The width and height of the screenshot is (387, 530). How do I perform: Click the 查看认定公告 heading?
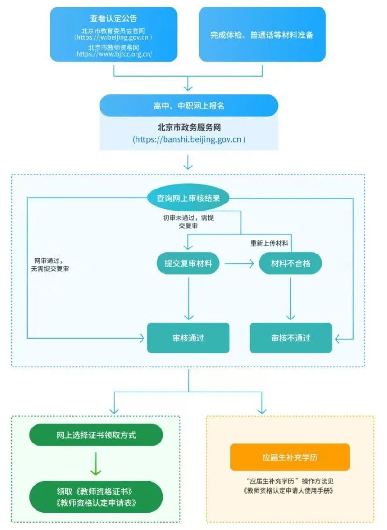(114, 19)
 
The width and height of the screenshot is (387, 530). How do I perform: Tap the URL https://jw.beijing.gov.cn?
(114, 37)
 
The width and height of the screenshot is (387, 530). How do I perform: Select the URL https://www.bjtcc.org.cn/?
(114, 54)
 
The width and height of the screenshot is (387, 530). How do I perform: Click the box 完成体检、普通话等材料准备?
(262, 35)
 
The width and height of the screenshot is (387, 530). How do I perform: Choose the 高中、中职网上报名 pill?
(188, 106)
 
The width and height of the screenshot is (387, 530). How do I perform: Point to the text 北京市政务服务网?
(188, 127)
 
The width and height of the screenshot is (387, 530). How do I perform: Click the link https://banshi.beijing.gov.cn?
(188, 139)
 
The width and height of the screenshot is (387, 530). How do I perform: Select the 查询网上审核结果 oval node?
(188, 198)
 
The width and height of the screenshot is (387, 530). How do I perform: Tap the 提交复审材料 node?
(188, 263)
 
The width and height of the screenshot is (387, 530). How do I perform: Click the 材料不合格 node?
(291, 263)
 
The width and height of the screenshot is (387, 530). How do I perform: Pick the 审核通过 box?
(188, 338)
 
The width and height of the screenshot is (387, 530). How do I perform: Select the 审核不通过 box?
(291, 338)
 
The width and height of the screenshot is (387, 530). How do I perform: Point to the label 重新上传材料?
(269, 244)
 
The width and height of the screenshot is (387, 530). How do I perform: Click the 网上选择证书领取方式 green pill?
(96, 435)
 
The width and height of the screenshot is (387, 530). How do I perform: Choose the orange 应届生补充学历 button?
(290, 457)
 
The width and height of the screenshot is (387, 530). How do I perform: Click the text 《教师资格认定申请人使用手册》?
(290, 491)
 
